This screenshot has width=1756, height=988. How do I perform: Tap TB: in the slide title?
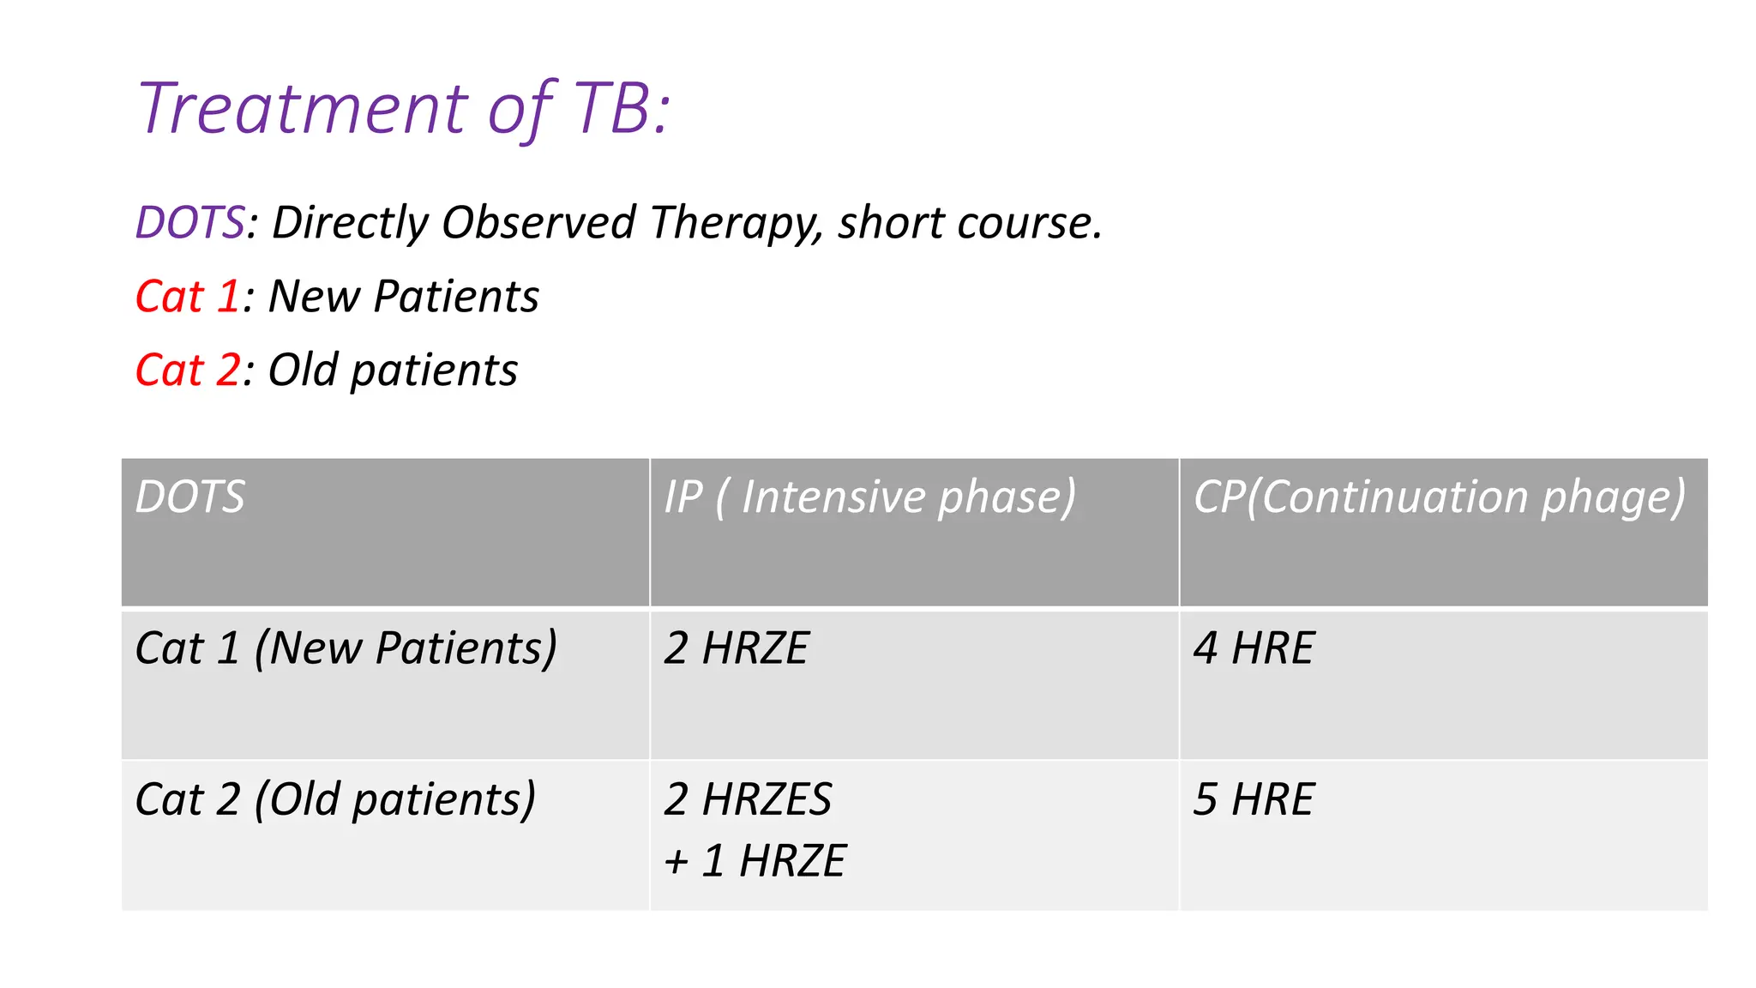622,109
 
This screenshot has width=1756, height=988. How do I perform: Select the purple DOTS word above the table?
190,223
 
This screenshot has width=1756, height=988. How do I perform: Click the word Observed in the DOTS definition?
538,223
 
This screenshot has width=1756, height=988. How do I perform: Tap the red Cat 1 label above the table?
187,297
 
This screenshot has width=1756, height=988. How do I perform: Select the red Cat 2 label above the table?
187,370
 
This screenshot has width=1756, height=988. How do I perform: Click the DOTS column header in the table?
190,497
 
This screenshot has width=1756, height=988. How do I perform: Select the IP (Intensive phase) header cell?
869,497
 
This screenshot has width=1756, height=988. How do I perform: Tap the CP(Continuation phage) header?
1440,497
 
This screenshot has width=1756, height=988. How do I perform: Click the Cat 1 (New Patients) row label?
346,648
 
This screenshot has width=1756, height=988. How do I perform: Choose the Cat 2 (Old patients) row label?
335,800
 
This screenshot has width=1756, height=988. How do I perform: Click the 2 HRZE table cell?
736,648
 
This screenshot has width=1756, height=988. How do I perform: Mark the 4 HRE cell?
1253,648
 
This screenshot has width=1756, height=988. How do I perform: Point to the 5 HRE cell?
1253,800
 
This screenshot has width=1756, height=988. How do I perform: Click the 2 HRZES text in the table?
747,800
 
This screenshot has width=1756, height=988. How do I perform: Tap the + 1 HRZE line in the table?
755,861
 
